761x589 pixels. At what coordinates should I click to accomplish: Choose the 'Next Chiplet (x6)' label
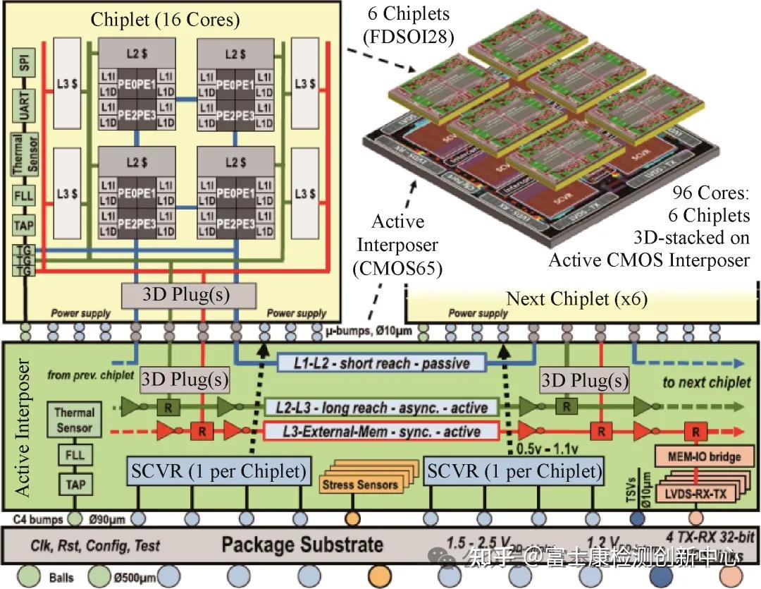click(576, 298)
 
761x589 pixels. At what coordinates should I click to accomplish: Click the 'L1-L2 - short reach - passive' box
click(381, 363)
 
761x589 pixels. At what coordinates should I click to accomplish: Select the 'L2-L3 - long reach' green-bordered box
click(381, 407)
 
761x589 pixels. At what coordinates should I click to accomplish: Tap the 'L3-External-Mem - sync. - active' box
click(381, 431)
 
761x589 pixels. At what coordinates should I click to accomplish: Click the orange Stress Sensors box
click(359, 484)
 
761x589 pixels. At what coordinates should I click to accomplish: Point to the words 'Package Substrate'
click(303, 545)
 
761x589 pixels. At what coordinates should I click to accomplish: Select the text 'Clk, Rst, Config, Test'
click(95, 545)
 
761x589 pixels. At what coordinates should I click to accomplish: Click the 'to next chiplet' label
click(706, 382)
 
